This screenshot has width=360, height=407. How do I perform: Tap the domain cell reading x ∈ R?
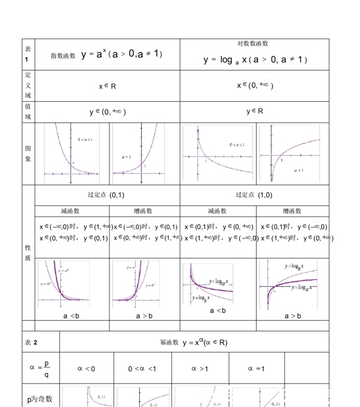tap(107, 86)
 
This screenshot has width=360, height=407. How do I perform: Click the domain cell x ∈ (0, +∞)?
tap(255, 85)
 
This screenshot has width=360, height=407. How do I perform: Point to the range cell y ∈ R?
tap(255, 112)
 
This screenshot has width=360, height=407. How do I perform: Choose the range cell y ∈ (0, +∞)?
tap(107, 113)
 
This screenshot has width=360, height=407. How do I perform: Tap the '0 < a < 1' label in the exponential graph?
tap(85, 140)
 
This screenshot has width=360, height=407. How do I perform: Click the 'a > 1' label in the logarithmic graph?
tap(299, 170)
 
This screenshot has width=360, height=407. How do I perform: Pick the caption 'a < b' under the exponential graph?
tap(71, 316)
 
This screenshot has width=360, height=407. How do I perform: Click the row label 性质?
tap(28, 253)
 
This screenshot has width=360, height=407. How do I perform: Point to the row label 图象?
tap(28, 154)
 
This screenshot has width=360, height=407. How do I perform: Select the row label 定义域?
tap(28, 85)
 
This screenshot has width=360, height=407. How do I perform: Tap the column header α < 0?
tap(86, 368)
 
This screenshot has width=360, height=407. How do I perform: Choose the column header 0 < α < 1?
tap(142, 368)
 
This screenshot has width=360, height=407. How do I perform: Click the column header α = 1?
tap(256, 368)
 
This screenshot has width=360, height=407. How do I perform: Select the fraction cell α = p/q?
tap(40, 368)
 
